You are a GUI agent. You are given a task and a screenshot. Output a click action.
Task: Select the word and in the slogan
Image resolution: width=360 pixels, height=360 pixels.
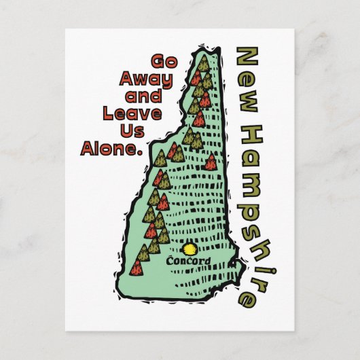156,96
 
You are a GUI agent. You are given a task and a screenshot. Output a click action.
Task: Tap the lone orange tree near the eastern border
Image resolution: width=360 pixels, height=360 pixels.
211,161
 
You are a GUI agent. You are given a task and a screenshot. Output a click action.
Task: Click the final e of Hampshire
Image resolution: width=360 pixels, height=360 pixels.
249,296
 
